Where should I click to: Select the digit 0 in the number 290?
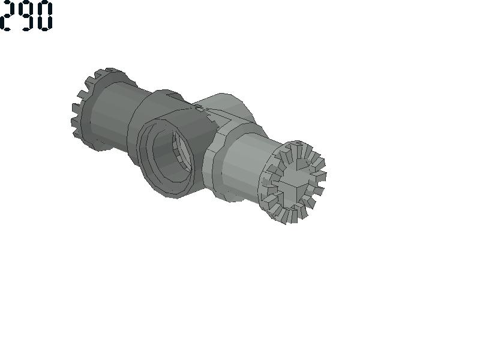point(44,16)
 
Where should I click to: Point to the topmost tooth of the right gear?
point(298,143)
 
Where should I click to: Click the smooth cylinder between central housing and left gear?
point(114,113)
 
